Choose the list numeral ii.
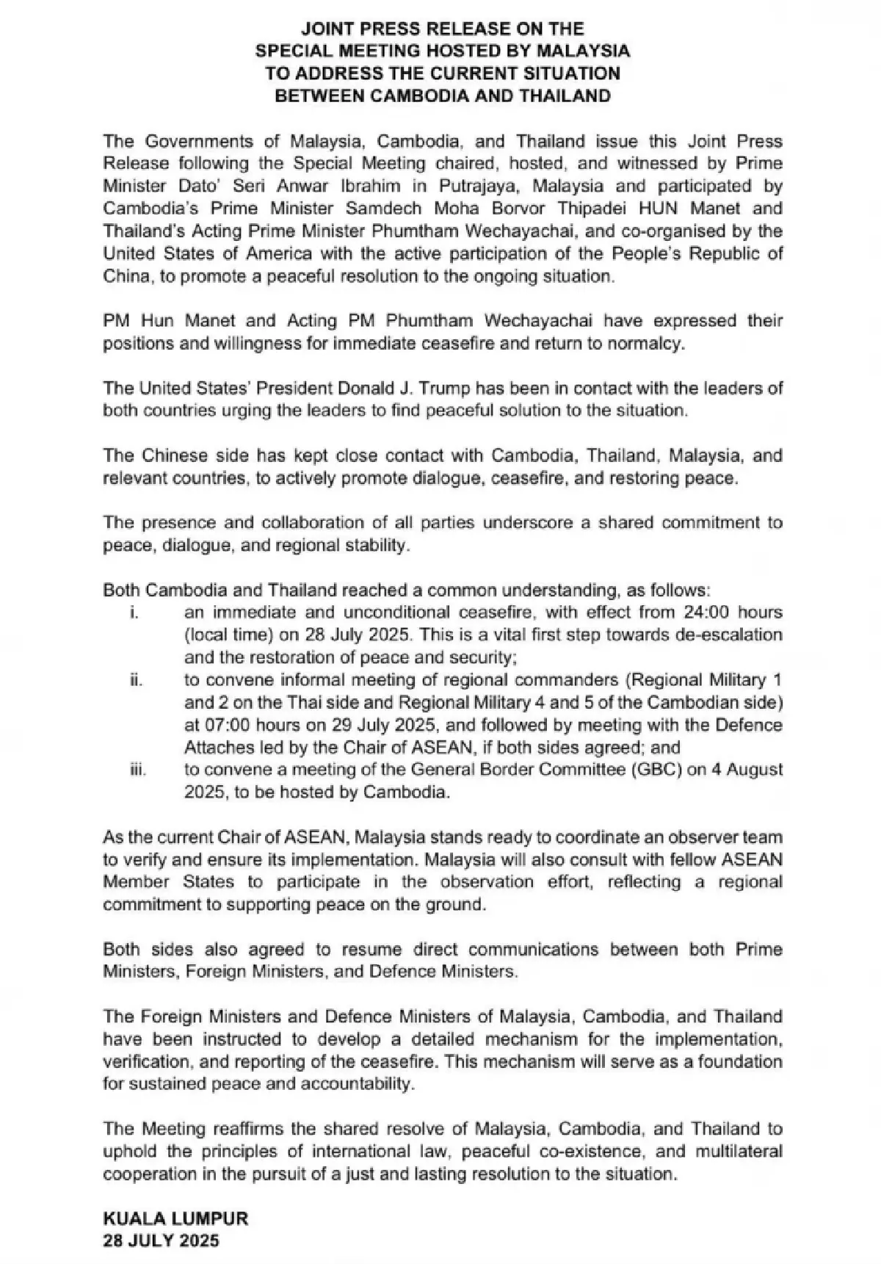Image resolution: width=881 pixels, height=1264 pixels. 135,680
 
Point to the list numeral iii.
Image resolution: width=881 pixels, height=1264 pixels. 137,770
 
